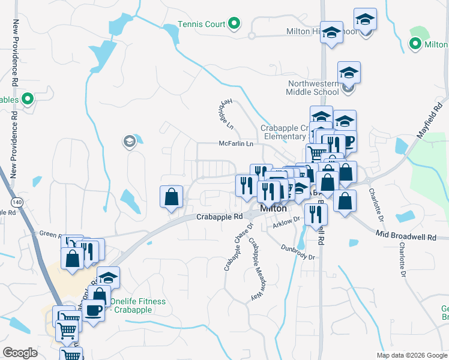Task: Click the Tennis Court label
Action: (x=201, y=25)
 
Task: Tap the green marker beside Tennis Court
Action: (x=235, y=24)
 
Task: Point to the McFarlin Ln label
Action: (x=236, y=144)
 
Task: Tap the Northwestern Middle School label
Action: (x=313, y=88)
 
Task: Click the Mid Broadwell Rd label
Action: (x=406, y=237)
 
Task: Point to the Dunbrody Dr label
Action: (x=298, y=252)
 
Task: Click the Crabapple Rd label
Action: (x=220, y=217)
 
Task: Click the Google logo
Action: (x=20, y=353)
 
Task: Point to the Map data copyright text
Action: (x=412, y=355)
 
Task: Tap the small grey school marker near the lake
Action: (x=129, y=142)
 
